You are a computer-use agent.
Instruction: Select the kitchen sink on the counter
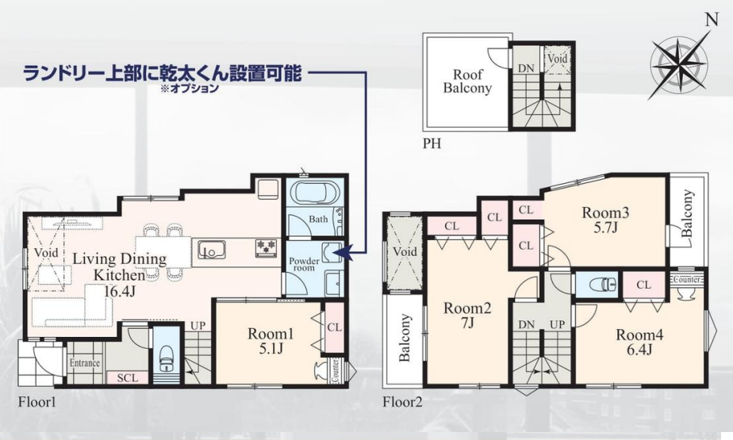coord(211,250)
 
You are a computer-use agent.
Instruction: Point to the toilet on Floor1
coord(167,358)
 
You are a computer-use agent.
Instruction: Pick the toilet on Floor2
coord(604,284)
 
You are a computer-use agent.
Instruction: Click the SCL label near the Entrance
coord(128,377)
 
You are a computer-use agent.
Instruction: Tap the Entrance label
coord(85,363)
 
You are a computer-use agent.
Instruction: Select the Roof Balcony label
coord(467,82)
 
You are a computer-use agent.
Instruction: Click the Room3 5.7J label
coord(605,220)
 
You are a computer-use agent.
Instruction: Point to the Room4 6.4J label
coord(639,342)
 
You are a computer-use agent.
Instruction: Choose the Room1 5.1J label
coord(271,341)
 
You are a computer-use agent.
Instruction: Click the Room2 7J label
coord(467,316)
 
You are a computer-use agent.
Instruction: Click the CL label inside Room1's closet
coord(335,327)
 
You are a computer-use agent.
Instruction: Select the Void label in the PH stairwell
coord(557,59)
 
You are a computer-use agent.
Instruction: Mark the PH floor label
coord(432,143)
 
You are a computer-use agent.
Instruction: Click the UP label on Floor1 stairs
coord(198,326)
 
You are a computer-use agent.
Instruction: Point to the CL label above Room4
coord(643,285)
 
